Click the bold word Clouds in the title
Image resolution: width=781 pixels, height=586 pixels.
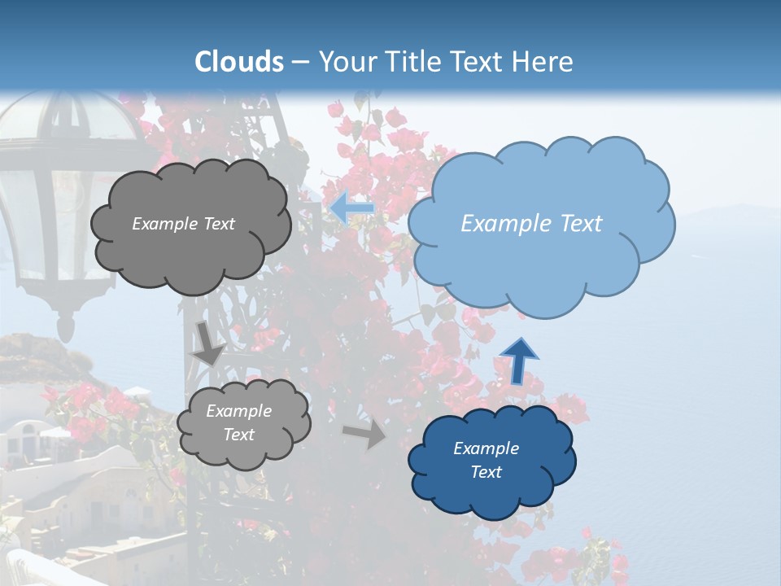pyautogui.click(x=239, y=61)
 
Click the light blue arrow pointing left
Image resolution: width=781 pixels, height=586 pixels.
pyautogui.click(x=352, y=208)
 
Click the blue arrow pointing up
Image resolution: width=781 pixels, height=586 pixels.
pyautogui.click(x=518, y=360)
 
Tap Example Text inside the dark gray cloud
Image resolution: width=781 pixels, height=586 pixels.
pyautogui.click(x=183, y=224)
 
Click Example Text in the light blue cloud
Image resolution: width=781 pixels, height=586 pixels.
pyautogui.click(x=531, y=223)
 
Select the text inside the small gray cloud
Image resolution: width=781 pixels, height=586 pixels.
pyautogui.click(x=238, y=423)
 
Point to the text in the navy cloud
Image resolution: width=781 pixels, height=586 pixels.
pyautogui.click(x=486, y=460)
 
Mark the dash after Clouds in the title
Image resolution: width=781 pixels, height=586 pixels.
pyautogui.click(x=299, y=62)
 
